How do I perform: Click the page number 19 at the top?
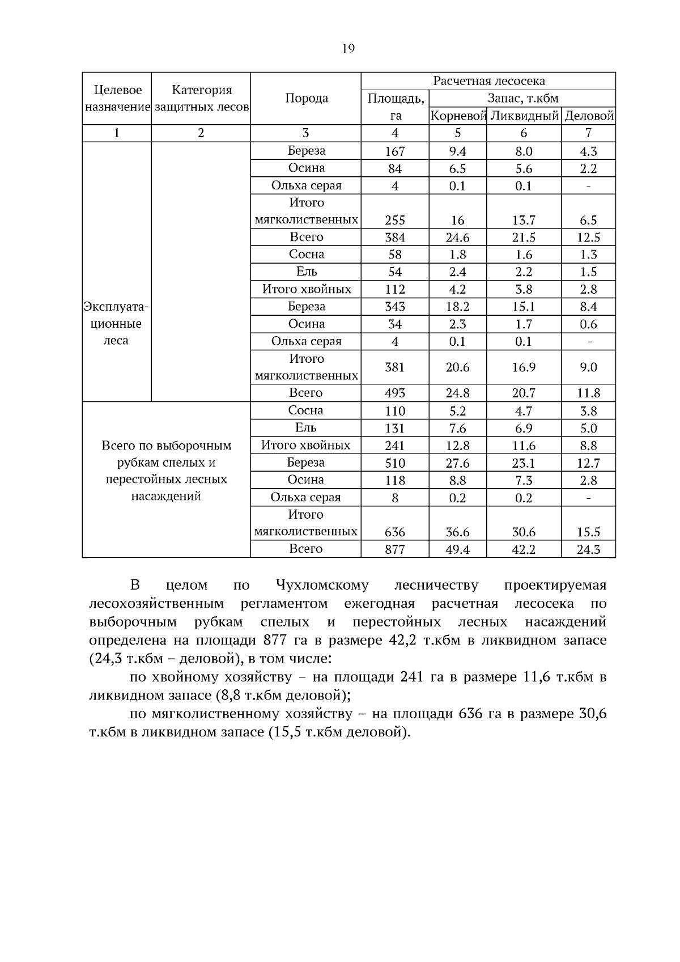pos(348,49)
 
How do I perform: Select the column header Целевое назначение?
pos(117,98)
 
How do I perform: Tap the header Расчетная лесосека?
pos(488,81)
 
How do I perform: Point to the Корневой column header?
pos(458,116)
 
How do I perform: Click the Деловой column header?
pos(589,116)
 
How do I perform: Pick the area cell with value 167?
pos(395,151)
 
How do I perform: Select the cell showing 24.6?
pos(457,238)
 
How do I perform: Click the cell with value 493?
pos(395,393)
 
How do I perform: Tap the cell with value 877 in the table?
pos(395,549)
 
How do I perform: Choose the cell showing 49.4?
pos(457,549)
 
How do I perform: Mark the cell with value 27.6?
pos(457,463)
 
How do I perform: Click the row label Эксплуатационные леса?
pos(116,324)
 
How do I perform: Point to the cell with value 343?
pos(395,307)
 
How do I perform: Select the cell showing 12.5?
pos(588,238)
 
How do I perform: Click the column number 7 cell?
pos(588,133)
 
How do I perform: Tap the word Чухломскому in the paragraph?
pos(322,585)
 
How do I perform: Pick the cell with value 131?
pos(395,428)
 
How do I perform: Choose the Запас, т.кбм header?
pos(522,98)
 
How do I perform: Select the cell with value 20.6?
pos(457,367)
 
